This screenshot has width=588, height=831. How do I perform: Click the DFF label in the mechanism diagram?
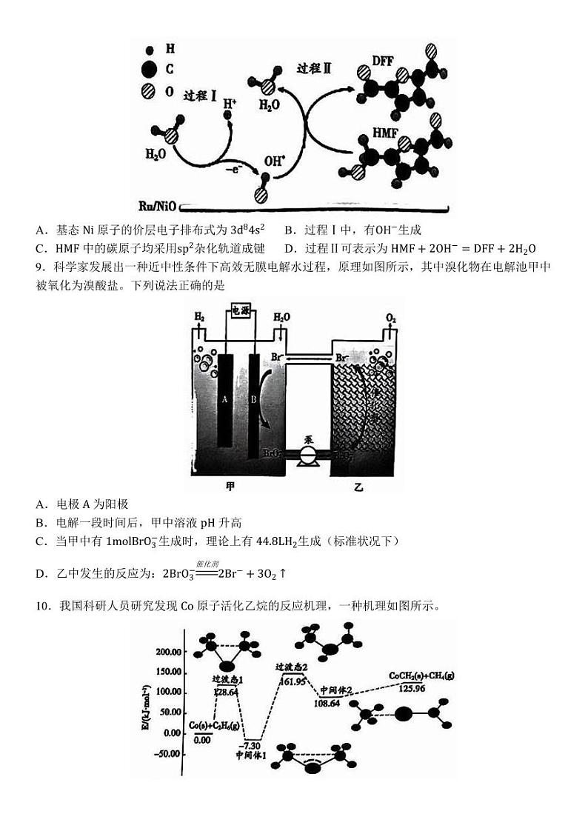[383, 61]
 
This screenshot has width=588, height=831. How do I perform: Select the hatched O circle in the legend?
[149, 91]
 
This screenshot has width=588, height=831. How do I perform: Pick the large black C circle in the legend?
[149, 70]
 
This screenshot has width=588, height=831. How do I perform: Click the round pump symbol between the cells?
[307, 455]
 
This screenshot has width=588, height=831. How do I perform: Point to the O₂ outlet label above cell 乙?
[392, 318]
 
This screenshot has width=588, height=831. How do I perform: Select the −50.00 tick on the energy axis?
[167, 754]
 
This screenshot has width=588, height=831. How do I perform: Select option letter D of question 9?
[41, 573]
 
